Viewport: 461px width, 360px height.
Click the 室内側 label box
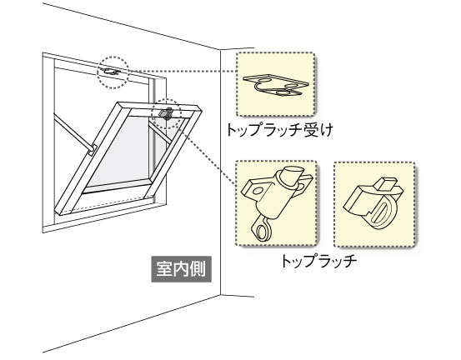[x=182, y=269]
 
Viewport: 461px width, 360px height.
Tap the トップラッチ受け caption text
[x=279, y=130]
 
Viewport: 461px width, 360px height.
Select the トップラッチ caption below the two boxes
[x=319, y=262]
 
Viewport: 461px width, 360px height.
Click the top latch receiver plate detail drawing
[x=276, y=85]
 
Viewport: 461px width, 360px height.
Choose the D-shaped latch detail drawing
[x=373, y=203]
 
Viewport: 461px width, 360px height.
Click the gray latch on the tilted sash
[x=166, y=113]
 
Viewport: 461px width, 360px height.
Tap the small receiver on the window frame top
[x=112, y=71]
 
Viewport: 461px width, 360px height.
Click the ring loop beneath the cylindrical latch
[x=262, y=231]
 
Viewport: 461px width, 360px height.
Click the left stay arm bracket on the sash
[x=92, y=150]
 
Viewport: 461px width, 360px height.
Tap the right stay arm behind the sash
[x=159, y=132]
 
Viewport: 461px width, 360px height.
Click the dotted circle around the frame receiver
[x=113, y=72]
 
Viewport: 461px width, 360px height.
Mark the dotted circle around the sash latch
[x=167, y=114]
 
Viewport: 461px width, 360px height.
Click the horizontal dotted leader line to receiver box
[x=183, y=72]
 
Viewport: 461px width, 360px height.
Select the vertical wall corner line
[x=221, y=172]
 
